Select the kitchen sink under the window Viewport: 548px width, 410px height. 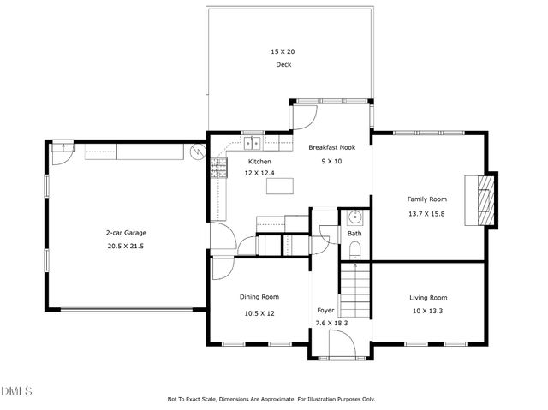tap(253, 144)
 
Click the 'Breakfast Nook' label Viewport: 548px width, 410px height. tap(331, 148)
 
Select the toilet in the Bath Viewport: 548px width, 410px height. tap(354, 250)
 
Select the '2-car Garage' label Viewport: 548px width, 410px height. tap(124, 232)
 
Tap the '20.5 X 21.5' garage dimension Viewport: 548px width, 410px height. tap(124, 246)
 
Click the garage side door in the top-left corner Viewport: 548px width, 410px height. tap(62, 150)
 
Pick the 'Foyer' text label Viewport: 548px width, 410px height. tap(326, 310)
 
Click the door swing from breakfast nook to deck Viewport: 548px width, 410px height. tap(307, 115)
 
